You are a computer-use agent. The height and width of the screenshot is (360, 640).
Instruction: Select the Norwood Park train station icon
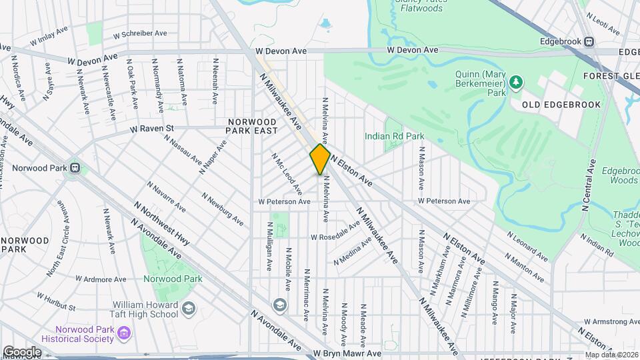tap(75, 168)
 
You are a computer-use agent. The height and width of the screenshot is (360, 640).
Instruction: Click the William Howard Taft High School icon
tap(189, 307)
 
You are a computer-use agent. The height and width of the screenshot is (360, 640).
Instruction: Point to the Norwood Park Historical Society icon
tap(124, 333)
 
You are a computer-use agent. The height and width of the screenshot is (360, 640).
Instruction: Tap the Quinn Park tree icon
tap(515, 81)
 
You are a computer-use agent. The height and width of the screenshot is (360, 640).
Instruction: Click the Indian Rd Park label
tap(394, 136)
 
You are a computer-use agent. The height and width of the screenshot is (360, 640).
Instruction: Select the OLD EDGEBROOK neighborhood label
tap(561, 105)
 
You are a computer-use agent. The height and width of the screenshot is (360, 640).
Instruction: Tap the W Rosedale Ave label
tap(335, 235)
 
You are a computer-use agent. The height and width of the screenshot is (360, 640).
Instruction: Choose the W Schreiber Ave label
tap(140, 33)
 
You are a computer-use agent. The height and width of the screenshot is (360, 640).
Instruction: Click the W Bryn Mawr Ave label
tap(347, 353)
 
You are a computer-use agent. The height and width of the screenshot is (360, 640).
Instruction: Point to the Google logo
tap(22, 352)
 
